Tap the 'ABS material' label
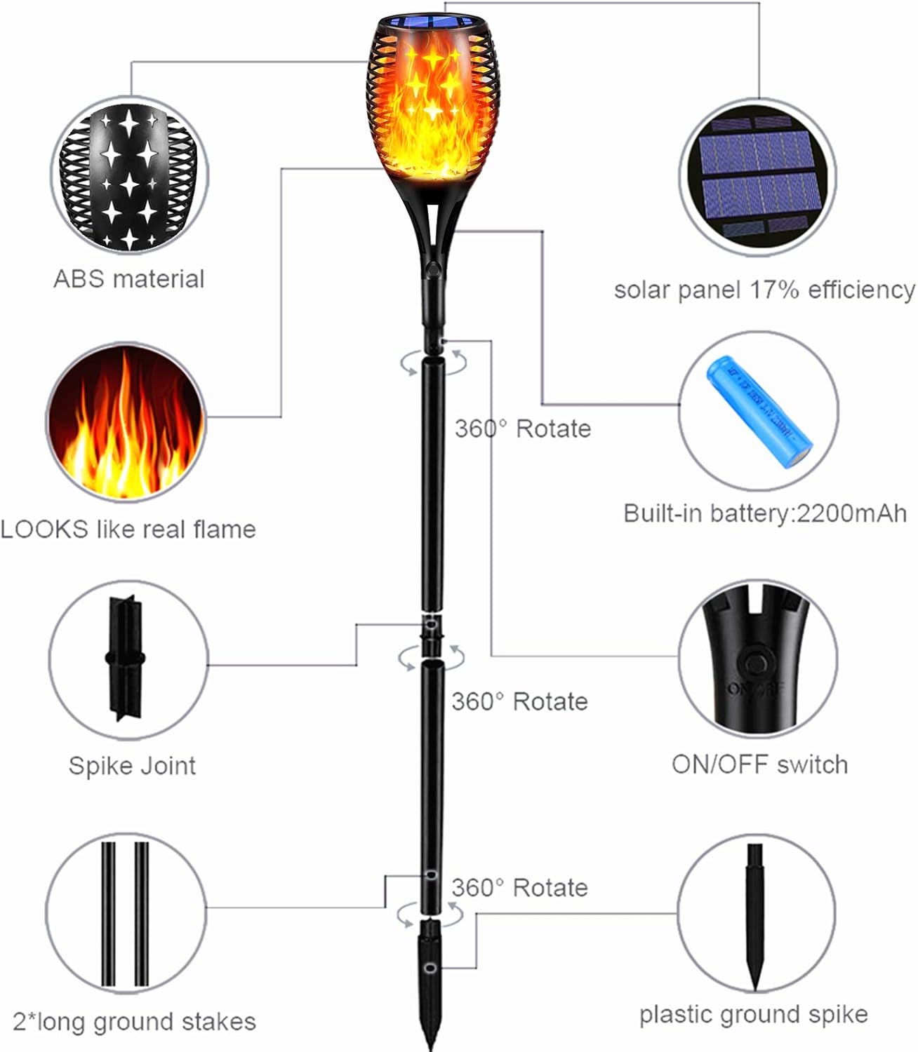pyautogui.click(x=128, y=279)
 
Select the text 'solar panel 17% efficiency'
pyautogui.click(x=764, y=290)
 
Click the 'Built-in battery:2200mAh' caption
pyautogui.click(x=765, y=513)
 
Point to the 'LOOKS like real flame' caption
pyautogui.click(x=128, y=529)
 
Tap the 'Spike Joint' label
pyautogui.click(x=132, y=765)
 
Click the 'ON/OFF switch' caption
pyautogui.click(x=759, y=764)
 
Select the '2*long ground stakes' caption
pyautogui.click(x=134, y=1021)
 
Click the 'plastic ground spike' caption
pyautogui.click(x=753, y=1014)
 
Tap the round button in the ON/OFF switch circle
pyautogui.click(x=756, y=663)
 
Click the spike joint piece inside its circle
pyautogui.click(x=126, y=659)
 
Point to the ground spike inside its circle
pyautogui.click(x=755, y=912)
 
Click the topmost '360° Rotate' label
pyautogui.click(x=522, y=429)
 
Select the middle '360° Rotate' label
pyautogui.click(x=519, y=701)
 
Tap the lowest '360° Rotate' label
pyautogui.click(x=519, y=887)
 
